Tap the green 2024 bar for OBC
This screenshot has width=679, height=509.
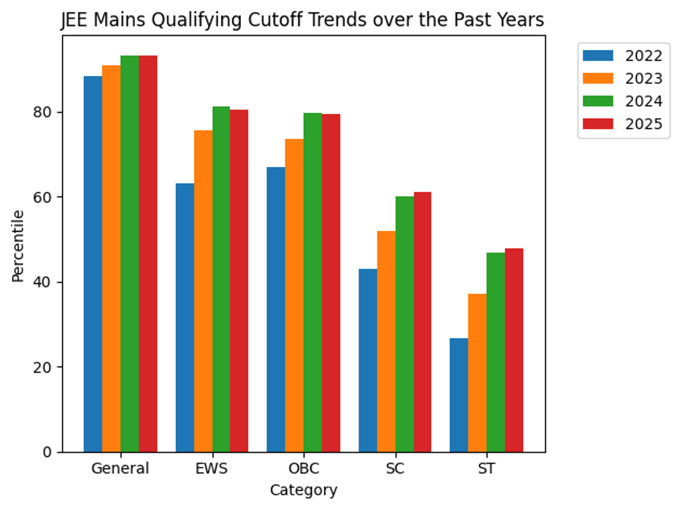click(313, 283)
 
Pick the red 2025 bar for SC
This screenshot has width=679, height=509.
click(423, 322)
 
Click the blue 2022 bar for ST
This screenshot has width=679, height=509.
click(459, 395)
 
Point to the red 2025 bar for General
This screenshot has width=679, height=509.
click(148, 254)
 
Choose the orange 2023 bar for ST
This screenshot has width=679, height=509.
click(478, 373)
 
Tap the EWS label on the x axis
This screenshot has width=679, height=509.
click(212, 469)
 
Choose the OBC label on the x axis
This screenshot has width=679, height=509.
click(304, 469)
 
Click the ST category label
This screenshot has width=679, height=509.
click(487, 469)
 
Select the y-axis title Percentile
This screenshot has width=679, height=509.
click(18, 245)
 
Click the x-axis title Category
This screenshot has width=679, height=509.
click(303, 490)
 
